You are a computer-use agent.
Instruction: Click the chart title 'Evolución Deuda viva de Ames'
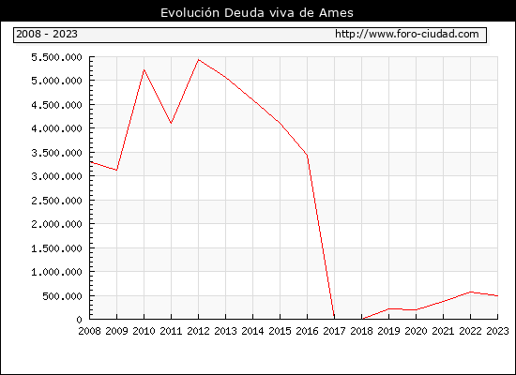(257, 12)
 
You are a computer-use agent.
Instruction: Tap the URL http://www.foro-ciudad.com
(407, 34)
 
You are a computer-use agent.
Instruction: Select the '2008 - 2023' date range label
(47, 34)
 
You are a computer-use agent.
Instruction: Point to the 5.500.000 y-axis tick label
(56, 57)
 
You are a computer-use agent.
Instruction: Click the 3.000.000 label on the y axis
(56, 176)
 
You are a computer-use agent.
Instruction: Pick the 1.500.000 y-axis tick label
(56, 248)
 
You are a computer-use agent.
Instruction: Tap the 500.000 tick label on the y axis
(62, 296)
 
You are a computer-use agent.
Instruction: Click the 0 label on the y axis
(79, 320)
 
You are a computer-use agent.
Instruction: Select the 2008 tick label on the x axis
(89, 331)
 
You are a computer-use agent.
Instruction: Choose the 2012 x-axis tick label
(199, 331)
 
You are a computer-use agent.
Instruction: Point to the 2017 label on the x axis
(334, 331)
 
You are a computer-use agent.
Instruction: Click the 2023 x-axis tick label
(497, 331)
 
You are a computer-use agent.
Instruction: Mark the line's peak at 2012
(199, 60)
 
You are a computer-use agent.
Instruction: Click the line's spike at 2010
(144, 69)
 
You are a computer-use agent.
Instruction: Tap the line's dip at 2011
(171, 124)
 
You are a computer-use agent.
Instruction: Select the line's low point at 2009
(116, 170)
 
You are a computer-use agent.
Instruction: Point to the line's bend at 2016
(307, 155)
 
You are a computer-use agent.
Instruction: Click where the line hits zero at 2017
(334, 319)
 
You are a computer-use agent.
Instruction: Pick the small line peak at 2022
(470, 292)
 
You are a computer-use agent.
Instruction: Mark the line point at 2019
(388, 308)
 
